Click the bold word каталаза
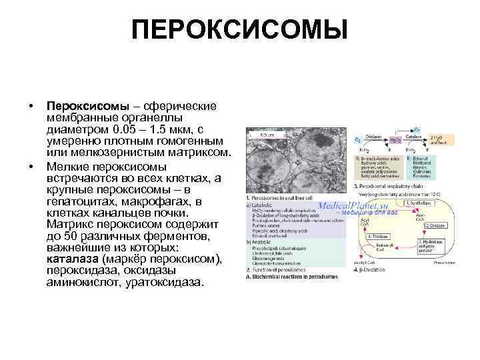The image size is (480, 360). tap(74, 259)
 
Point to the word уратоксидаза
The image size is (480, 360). tap(159, 283)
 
